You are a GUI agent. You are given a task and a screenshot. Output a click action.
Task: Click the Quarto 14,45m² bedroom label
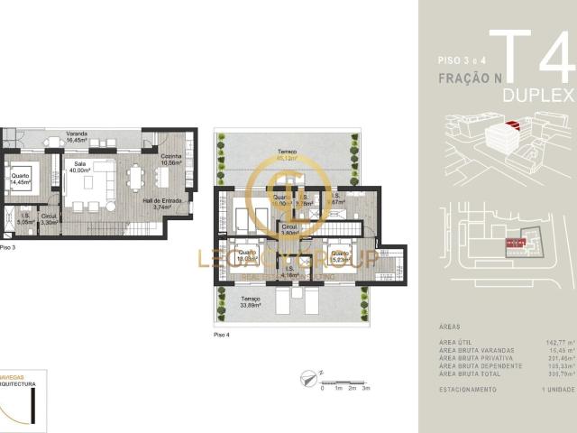(x=19, y=178)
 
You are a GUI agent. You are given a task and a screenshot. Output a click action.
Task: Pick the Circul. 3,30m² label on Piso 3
(x=50, y=218)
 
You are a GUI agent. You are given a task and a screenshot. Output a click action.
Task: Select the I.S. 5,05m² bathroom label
(x=24, y=218)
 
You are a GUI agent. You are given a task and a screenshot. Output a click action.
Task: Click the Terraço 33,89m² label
(x=251, y=301)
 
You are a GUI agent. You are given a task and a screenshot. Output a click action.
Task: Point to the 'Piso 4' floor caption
(x=222, y=334)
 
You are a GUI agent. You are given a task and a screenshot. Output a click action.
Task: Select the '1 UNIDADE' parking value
(x=557, y=389)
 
